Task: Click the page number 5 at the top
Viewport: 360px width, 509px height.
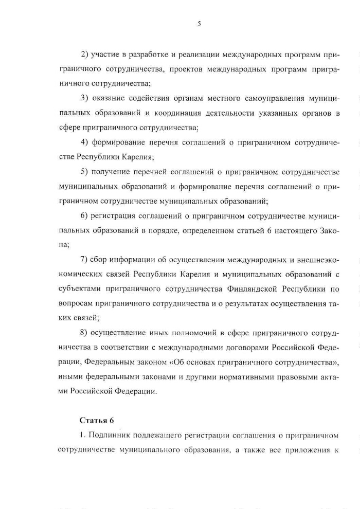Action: (x=199, y=23)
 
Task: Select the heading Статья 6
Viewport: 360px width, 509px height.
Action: (x=96, y=420)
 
